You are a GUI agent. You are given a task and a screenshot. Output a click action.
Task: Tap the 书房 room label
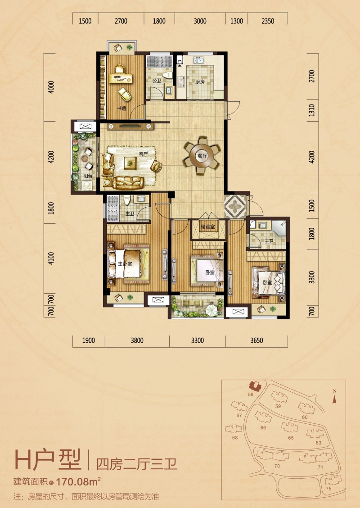point(122,109)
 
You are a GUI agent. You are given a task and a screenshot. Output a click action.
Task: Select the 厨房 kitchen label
point(200,82)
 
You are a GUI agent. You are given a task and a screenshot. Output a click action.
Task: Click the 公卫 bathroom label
point(157,80)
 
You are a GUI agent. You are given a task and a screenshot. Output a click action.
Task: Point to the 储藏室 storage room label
point(207,227)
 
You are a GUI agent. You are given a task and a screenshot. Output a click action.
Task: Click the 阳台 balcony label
point(88,176)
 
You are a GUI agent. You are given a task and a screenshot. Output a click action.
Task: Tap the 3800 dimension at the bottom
point(137,340)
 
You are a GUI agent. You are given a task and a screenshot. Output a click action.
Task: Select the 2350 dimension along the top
point(268,21)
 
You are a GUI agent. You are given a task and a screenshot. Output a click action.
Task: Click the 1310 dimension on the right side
point(311,110)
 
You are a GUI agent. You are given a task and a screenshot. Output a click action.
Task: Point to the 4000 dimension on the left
point(51,87)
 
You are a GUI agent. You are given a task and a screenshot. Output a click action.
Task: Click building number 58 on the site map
point(251,394)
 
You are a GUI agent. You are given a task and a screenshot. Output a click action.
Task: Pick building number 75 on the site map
point(328,489)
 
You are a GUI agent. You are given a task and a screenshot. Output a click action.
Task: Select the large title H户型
point(48,460)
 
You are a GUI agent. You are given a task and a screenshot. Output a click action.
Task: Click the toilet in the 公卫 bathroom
point(167,75)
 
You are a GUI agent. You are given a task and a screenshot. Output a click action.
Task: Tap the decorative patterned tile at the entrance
point(235,206)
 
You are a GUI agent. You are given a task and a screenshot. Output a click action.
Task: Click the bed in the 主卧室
point(129,263)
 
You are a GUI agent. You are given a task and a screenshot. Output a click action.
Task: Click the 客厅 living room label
point(143,154)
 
